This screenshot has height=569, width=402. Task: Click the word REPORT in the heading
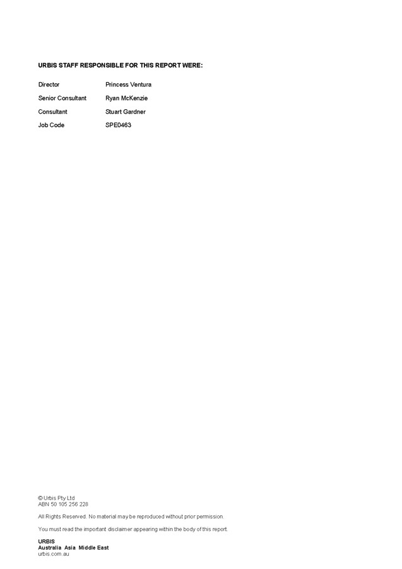click(x=166, y=65)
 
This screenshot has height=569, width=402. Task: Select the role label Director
click(x=49, y=84)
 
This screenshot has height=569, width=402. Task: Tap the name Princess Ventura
click(x=128, y=84)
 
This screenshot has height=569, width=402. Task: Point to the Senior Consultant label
click(x=62, y=98)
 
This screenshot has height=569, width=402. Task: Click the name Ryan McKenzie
click(x=126, y=98)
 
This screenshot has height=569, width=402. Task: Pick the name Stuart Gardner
click(x=125, y=111)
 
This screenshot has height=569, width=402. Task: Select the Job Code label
click(x=50, y=125)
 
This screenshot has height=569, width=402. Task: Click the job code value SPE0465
click(x=118, y=125)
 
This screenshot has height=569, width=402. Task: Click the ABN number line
click(x=62, y=504)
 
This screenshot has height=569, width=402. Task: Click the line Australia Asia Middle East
click(x=73, y=548)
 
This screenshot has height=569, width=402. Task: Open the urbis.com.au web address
click(x=54, y=554)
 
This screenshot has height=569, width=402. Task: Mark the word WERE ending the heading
click(x=192, y=65)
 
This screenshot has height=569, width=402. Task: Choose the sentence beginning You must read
click(x=133, y=529)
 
